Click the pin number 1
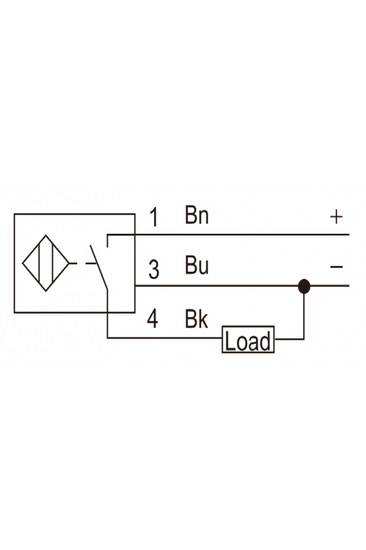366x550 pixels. pos(154,217)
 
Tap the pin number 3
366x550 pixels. pos(154,269)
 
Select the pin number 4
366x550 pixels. pos(152,320)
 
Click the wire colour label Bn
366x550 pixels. pos(197,215)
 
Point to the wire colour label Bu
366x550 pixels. pos(197,265)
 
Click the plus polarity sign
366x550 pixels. pos(336,217)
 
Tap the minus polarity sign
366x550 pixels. pos(336,267)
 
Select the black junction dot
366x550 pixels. pos(304,286)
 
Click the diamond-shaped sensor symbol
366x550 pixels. pos(46,263)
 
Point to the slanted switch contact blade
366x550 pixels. pos(99,267)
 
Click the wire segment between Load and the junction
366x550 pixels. pos(290,339)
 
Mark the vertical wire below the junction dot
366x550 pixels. pos(304,316)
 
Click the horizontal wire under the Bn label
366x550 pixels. pos(228,234)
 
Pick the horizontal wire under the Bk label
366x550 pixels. pos(165,338)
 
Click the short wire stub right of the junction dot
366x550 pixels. pos(330,285)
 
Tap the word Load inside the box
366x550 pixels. pos(248,340)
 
